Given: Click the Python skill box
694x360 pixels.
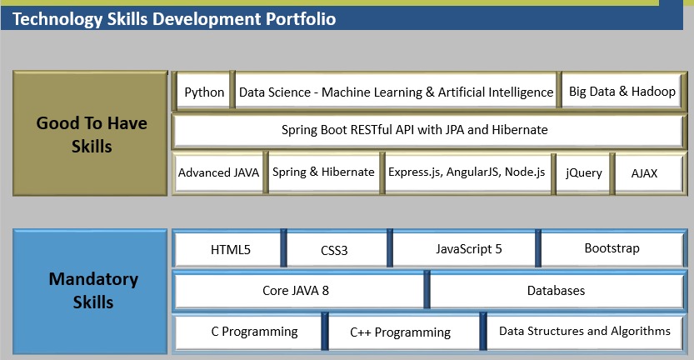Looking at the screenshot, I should click(x=204, y=92).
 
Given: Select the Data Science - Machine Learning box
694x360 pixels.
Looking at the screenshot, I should click(x=396, y=92).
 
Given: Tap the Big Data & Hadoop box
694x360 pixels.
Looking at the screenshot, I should click(x=622, y=92).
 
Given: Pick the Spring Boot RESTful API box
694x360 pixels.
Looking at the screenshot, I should click(x=427, y=130).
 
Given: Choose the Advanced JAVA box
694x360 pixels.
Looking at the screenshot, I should click(x=218, y=172).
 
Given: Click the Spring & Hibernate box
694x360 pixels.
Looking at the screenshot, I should click(x=323, y=172).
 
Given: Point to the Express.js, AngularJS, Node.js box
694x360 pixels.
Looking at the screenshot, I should click(x=467, y=172).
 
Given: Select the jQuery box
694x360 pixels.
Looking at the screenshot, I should click(x=583, y=172).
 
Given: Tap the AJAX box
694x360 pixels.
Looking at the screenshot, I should click(x=644, y=172).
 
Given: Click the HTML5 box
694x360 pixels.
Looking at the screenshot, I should click(x=230, y=249).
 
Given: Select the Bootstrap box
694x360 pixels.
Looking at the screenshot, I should click(x=612, y=248).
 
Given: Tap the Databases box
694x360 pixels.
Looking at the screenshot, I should click(x=556, y=291).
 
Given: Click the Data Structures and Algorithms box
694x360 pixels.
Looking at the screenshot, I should click(x=584, y=332).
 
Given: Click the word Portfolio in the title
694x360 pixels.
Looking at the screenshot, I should click(x=297, y=18).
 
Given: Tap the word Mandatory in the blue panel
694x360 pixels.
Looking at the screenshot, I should click(x=92, y=279).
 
